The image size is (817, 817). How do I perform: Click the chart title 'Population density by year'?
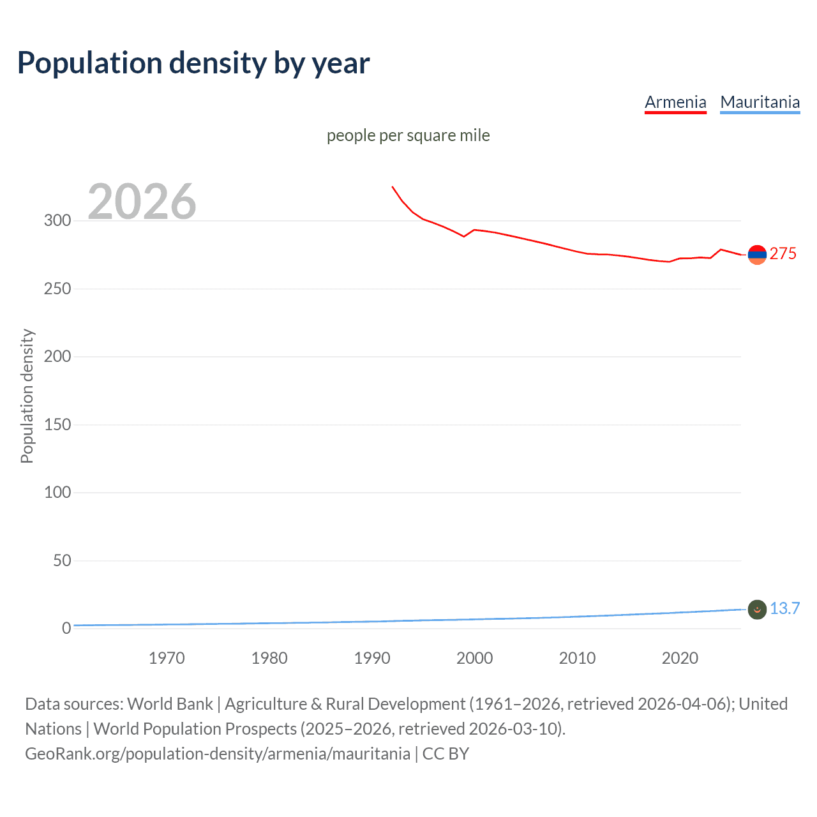(193, 63)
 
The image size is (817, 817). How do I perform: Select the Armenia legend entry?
(675, 102)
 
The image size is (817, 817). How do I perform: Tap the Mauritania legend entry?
(760, 102)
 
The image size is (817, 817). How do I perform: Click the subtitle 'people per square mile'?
(408, 135)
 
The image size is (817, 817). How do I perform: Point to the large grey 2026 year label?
(142, 202)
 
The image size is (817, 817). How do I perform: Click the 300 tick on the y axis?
(57, 221)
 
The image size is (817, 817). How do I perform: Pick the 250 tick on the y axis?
(57, 289)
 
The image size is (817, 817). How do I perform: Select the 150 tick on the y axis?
(57, 424)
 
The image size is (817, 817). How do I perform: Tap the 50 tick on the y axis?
(62, 560)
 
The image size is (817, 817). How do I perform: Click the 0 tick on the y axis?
(66, 629)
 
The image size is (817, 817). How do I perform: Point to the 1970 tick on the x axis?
(167, 658)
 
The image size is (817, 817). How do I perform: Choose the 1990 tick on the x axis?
(372, 658)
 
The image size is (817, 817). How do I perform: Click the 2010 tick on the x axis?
(577, 658)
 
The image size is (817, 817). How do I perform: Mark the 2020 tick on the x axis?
(680, 658)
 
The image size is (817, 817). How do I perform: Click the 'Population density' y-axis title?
(27, 396)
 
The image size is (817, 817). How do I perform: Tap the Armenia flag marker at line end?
(757, 255)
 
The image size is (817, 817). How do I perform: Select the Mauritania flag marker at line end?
(757, 610)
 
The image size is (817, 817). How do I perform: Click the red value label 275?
(783, 254)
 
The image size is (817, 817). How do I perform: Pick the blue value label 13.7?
(784, 609)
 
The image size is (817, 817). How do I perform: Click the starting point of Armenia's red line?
(393, 187)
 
